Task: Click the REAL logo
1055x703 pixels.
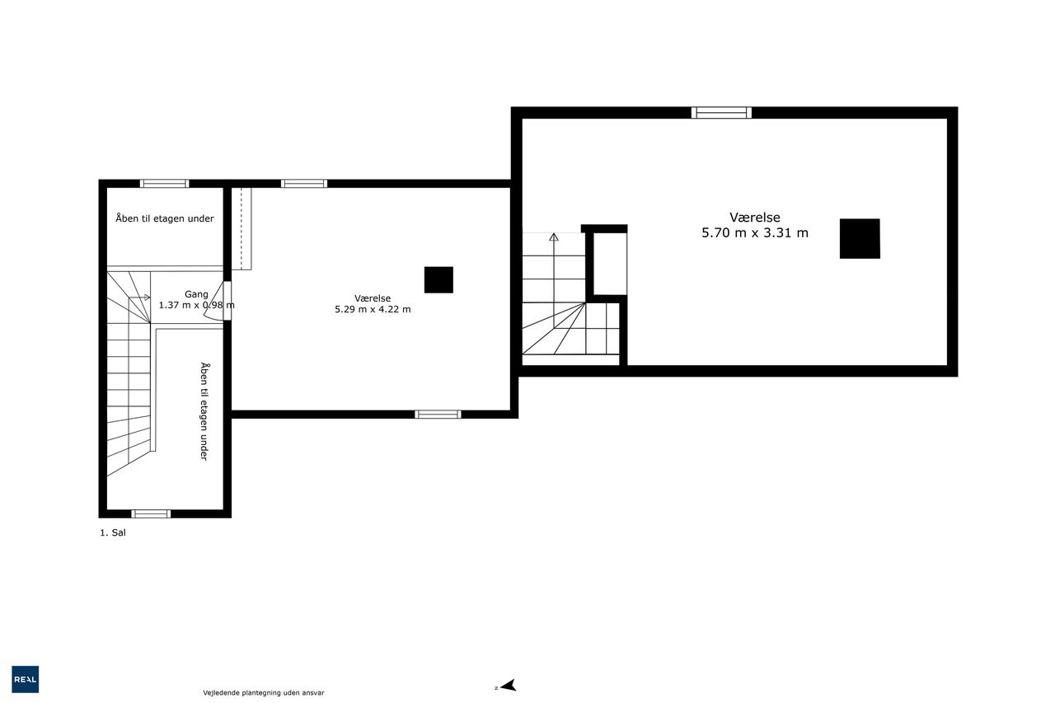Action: (x=25, y=679)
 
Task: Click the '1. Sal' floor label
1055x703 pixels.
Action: (x=113, y=532)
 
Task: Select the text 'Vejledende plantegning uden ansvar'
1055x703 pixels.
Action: (x=263, y=692)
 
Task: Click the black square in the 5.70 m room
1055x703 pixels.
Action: (x=860, y=238)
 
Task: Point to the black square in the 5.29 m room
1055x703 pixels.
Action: (x=438, y=279)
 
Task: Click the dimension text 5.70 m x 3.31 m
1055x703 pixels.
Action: (x=754, y=232)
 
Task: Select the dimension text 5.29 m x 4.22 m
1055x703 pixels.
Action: (x=373, y=309)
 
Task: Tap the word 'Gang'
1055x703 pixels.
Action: (x=196, y=294)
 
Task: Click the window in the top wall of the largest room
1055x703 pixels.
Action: (x=721, y=113)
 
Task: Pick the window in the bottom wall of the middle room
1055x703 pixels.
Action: (x=438, y=415)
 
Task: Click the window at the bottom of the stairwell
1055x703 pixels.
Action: (x=151, y=513)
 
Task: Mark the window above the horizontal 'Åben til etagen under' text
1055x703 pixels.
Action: (x=164, y=184)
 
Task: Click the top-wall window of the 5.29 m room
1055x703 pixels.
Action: (x=304, y=184)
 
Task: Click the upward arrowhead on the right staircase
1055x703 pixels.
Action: (x=554, y=237)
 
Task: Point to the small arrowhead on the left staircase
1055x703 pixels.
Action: (x=148, y=298)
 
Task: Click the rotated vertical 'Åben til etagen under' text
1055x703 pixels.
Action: (x=204, y=411)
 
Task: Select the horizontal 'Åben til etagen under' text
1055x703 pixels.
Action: (x=165, y=218)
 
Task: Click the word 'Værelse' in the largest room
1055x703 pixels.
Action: (x=754, y=217)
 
